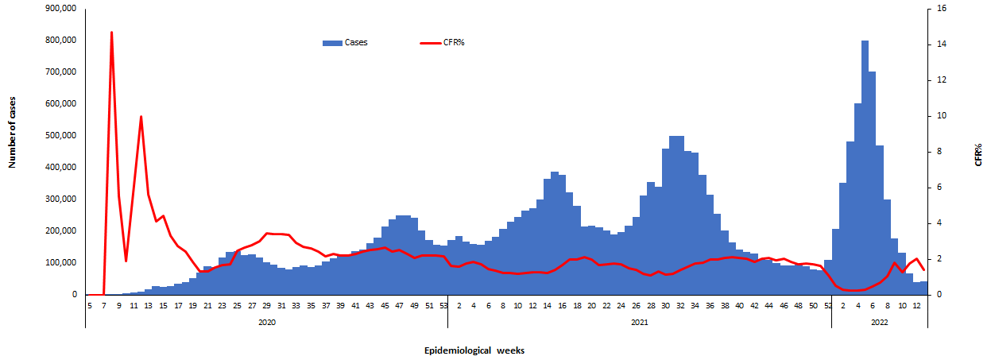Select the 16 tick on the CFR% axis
pyautogui.click(x=941, y=8)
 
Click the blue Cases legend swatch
pyautogui.click(x=332, y=42)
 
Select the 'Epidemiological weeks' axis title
pyautogui.click(x=473, y=350)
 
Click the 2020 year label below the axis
pyautogui.click(x=266, y=322)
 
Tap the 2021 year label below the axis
pyautogui.click(x=639, y=322)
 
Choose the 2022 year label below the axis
pyautogui.click(x=879, y=322)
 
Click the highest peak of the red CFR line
pyautogui.click(x=111, y=33)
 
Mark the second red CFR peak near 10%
pyautogui.click(x=141, y=117)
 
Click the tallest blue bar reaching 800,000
pyautogui.click(x=865, y=41)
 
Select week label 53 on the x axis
pyautogui.click(x=443, y=304)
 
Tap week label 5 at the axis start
pyautogui.click(x=90, y=304)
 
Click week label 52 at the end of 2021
pyautogui.click(x=828, y=304)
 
